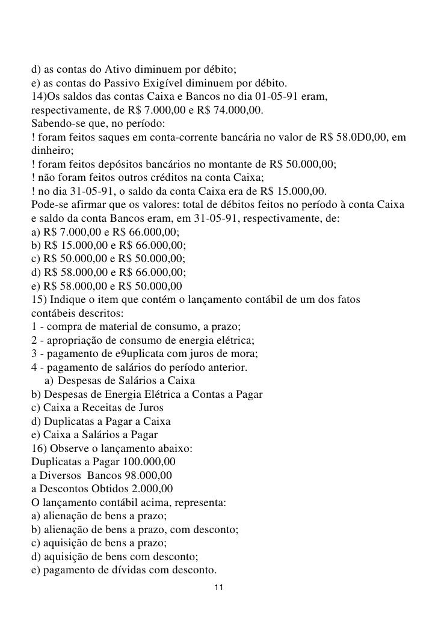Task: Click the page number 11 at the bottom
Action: (x=219, y=587)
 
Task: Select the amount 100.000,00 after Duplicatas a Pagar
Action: (x=149, y=462)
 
